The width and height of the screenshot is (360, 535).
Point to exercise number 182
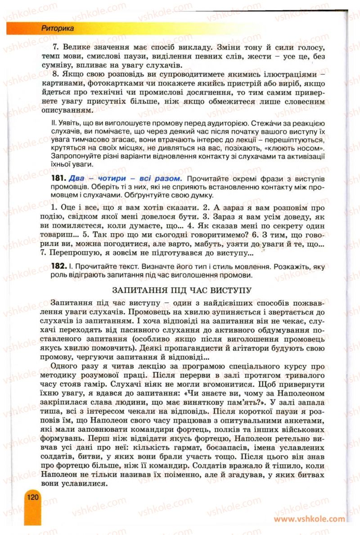[61, 267]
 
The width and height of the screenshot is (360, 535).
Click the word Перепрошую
[78, 254]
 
